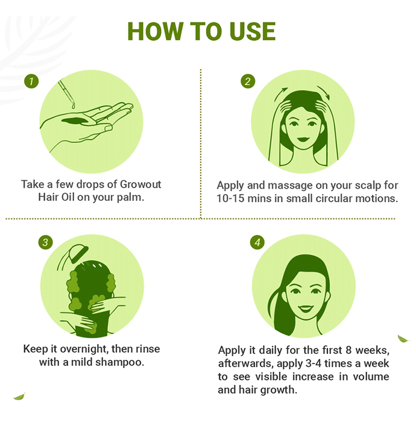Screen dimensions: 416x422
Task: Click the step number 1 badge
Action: [x=31, y=81]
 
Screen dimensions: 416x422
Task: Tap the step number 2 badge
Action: [x=248, y=81]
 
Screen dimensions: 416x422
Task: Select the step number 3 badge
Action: [x=45, y=242]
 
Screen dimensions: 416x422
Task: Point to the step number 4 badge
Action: [x=257, y=242]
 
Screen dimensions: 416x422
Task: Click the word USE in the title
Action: [x=253, y=31]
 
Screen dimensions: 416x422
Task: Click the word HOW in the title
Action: [x=156, y=31]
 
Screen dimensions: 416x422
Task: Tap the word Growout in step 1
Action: [x=140, y=184]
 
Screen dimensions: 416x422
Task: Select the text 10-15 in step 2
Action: [x=230, y=198]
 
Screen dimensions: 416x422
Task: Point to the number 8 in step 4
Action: [x=348, y=350]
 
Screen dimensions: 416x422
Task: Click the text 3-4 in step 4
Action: [x=314, y=364]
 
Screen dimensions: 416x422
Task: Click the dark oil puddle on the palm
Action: [x=75, y=121]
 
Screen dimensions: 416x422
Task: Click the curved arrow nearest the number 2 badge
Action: [x=281, y=93]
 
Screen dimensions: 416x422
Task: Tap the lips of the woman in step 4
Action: [x=306, y=308]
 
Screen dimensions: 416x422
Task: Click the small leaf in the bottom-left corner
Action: [x=19, y=396]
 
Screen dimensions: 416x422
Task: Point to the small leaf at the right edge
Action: [x=403, y=339]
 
